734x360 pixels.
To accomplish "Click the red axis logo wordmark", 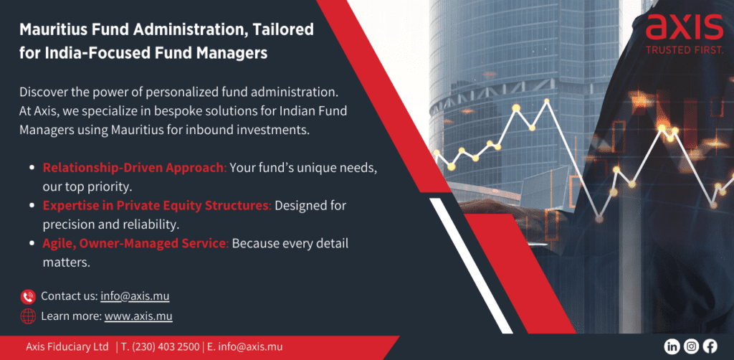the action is point(685,27).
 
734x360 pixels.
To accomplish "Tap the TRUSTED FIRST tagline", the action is point(685,49).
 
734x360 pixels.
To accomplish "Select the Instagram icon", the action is point(691,346).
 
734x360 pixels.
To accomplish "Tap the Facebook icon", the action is point(710,346).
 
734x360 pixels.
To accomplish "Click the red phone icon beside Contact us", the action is point(28,297).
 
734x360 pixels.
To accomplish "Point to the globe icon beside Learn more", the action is point(28,316).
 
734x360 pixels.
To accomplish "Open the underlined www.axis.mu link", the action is point(138,316).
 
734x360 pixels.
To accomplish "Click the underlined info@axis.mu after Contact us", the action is point(135,296).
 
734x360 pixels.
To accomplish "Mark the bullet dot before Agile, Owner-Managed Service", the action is point(32,244).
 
